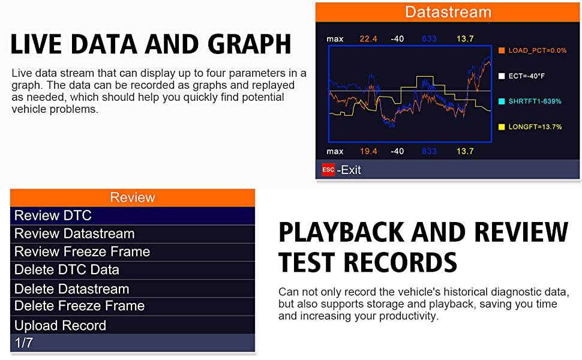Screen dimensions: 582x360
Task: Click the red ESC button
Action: click(328, 170)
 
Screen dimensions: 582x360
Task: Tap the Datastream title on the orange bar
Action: click(448, 12)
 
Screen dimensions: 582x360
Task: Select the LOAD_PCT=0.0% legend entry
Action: click(532, 50)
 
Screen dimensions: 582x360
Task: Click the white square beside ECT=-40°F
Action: click(502, 76)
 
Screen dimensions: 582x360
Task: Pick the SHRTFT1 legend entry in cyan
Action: click(530, 101)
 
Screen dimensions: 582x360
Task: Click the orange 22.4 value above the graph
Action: click(368, 38)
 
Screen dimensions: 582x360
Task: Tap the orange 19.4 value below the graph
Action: click(368, 151)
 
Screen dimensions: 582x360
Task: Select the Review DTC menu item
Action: click(53, 215)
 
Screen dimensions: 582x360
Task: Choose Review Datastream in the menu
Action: click(74, 233)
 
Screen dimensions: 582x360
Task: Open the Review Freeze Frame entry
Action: click(82, 251)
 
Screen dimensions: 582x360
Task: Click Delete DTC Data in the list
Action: click(67, 270)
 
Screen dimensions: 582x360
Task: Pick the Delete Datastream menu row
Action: click(71, 289)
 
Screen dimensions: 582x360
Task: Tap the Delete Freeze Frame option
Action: click(79, 306)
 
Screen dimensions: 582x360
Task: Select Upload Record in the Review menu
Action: click(60, 325)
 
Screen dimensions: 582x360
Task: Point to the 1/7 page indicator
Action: click(24, 343)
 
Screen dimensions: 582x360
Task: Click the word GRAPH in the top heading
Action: click(250, 44)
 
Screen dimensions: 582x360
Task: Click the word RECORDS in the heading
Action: click(400, 262)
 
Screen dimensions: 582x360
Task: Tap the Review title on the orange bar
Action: click(133, 197)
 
